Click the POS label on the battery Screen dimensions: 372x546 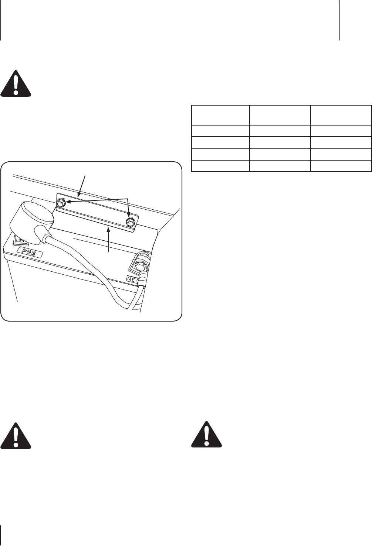(x=30, y=254)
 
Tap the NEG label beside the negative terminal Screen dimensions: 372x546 (x=133, y=279)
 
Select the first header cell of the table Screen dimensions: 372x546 (x=220, y=115)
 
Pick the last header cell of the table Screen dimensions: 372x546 (x=341, y=115)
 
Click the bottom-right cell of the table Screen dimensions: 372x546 (x=341, y=166)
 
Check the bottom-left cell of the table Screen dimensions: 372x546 (x=220, y=166)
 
